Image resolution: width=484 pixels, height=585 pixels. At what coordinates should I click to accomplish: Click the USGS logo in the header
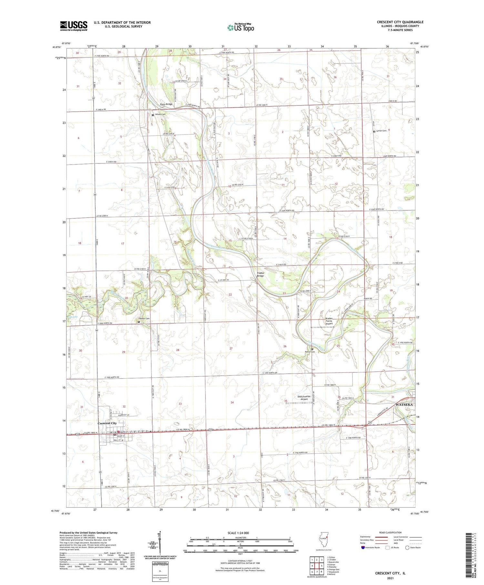click(74, 26)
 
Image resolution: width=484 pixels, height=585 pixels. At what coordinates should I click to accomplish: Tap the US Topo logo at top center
click(241, 27)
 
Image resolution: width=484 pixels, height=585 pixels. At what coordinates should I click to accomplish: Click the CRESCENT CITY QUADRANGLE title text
click(400, 22)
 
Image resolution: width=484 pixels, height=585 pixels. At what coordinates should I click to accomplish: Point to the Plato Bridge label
click(166, 104)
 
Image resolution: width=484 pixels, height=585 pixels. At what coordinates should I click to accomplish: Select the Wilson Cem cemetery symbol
click(153, 115)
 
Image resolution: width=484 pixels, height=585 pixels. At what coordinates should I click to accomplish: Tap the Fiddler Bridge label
click(260, 274)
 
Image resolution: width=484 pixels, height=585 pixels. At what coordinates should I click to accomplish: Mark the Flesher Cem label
click(144, 319)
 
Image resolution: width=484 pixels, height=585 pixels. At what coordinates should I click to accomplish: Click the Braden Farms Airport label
click(329, 321)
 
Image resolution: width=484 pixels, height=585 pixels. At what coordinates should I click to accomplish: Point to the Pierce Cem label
click(310, 352)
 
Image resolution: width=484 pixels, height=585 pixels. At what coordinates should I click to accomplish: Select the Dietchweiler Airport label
click(304, 398)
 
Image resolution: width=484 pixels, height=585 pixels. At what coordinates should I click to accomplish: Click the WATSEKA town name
click(404, 404)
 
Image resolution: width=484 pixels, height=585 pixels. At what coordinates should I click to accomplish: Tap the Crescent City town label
click(107, 423)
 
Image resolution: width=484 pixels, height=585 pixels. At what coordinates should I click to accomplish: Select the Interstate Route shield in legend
click(363, 548)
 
